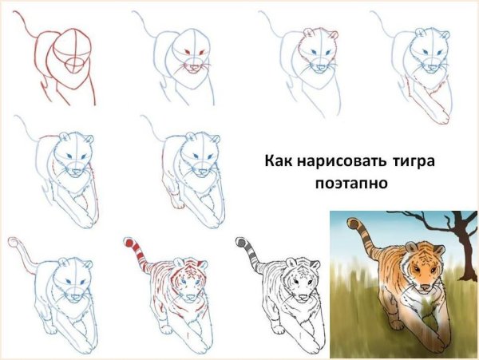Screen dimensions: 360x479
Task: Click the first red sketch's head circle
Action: (x=73, y=44)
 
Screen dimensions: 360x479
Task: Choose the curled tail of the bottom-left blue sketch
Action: (x=14, y=240)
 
